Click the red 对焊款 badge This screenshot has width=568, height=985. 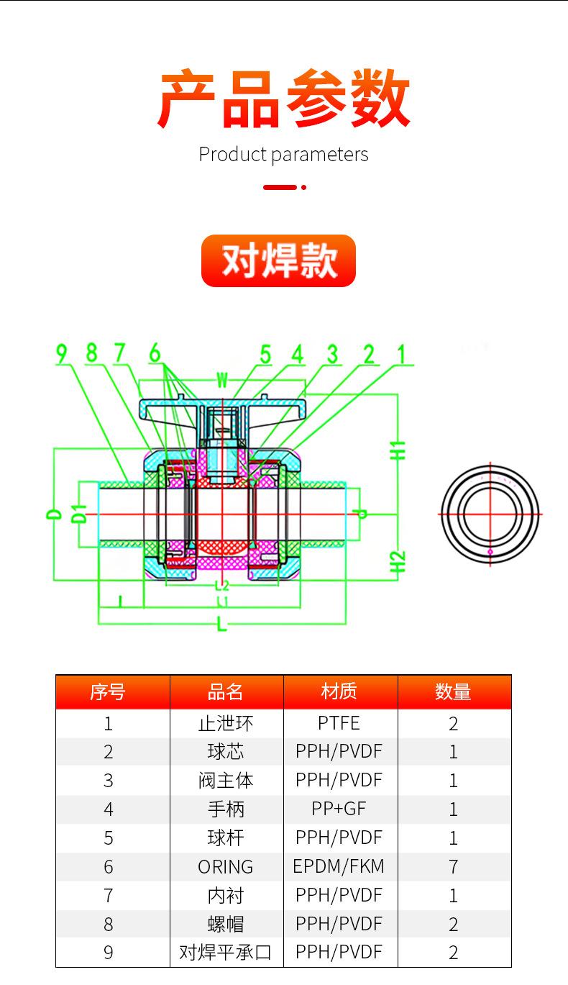[278, 260]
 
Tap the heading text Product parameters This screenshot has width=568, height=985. [283, 155]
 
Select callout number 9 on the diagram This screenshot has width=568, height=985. [62, 353]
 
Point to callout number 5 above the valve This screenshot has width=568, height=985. [265, 354]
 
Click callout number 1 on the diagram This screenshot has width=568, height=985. [401, 353]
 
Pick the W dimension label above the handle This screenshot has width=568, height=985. [222, 378]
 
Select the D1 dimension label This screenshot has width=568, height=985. [80, 514]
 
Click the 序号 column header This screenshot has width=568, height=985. [108, 692]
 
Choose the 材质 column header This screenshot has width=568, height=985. [339, 692]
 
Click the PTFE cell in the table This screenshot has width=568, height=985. [339, 723]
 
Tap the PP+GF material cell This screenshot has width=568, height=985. [339, 809]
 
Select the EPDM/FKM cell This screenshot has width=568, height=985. [339, 866]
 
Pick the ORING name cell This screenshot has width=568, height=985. [226, 867]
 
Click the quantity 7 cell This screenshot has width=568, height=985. [453, 867]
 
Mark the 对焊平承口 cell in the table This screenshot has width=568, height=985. [226, 953]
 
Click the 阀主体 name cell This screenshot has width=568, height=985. [226, 781]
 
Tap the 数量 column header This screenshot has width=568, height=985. [453, 692]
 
